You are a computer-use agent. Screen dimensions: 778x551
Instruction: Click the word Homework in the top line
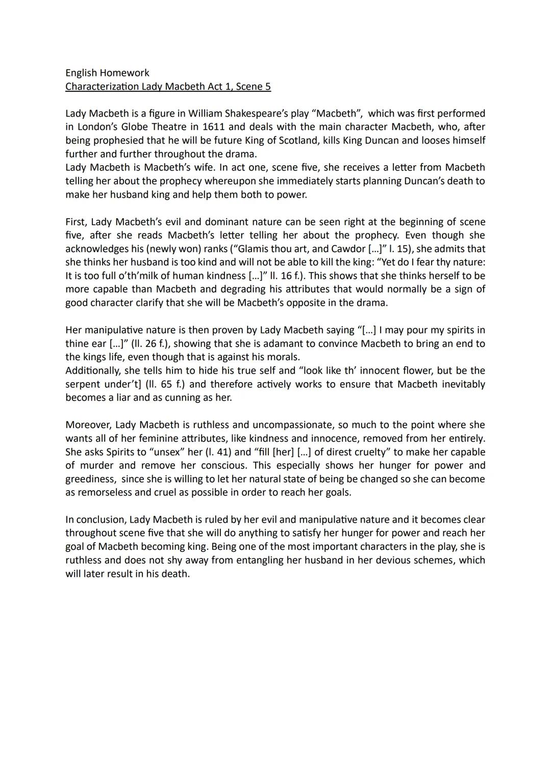coord(126,73)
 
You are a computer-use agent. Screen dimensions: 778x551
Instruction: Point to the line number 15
coord(402,249)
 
